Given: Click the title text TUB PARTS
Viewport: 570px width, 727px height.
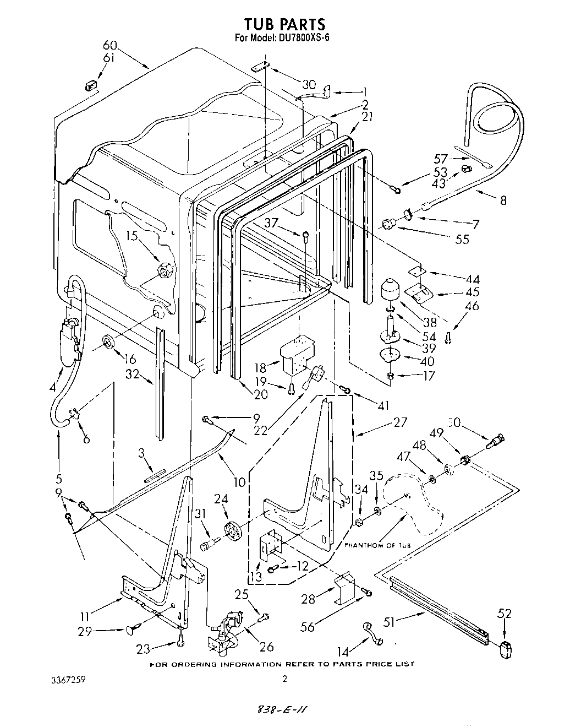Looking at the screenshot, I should tap(284, 24).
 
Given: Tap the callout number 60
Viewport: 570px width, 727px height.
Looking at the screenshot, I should tap(110, 46).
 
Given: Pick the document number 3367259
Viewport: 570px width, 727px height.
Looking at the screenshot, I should tap(67, 680).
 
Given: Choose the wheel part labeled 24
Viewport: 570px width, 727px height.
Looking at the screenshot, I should tap(233, 532).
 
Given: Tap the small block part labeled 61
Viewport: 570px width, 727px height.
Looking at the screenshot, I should tap(91, 85).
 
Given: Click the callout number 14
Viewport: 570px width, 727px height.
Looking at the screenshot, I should tap(343, 652).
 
